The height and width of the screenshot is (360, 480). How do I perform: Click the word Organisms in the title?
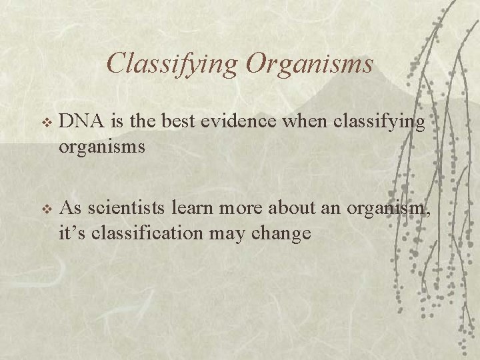point(309,63)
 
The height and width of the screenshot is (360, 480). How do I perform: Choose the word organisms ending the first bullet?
point(102,147)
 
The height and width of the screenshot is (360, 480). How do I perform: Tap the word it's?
point(71,233)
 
